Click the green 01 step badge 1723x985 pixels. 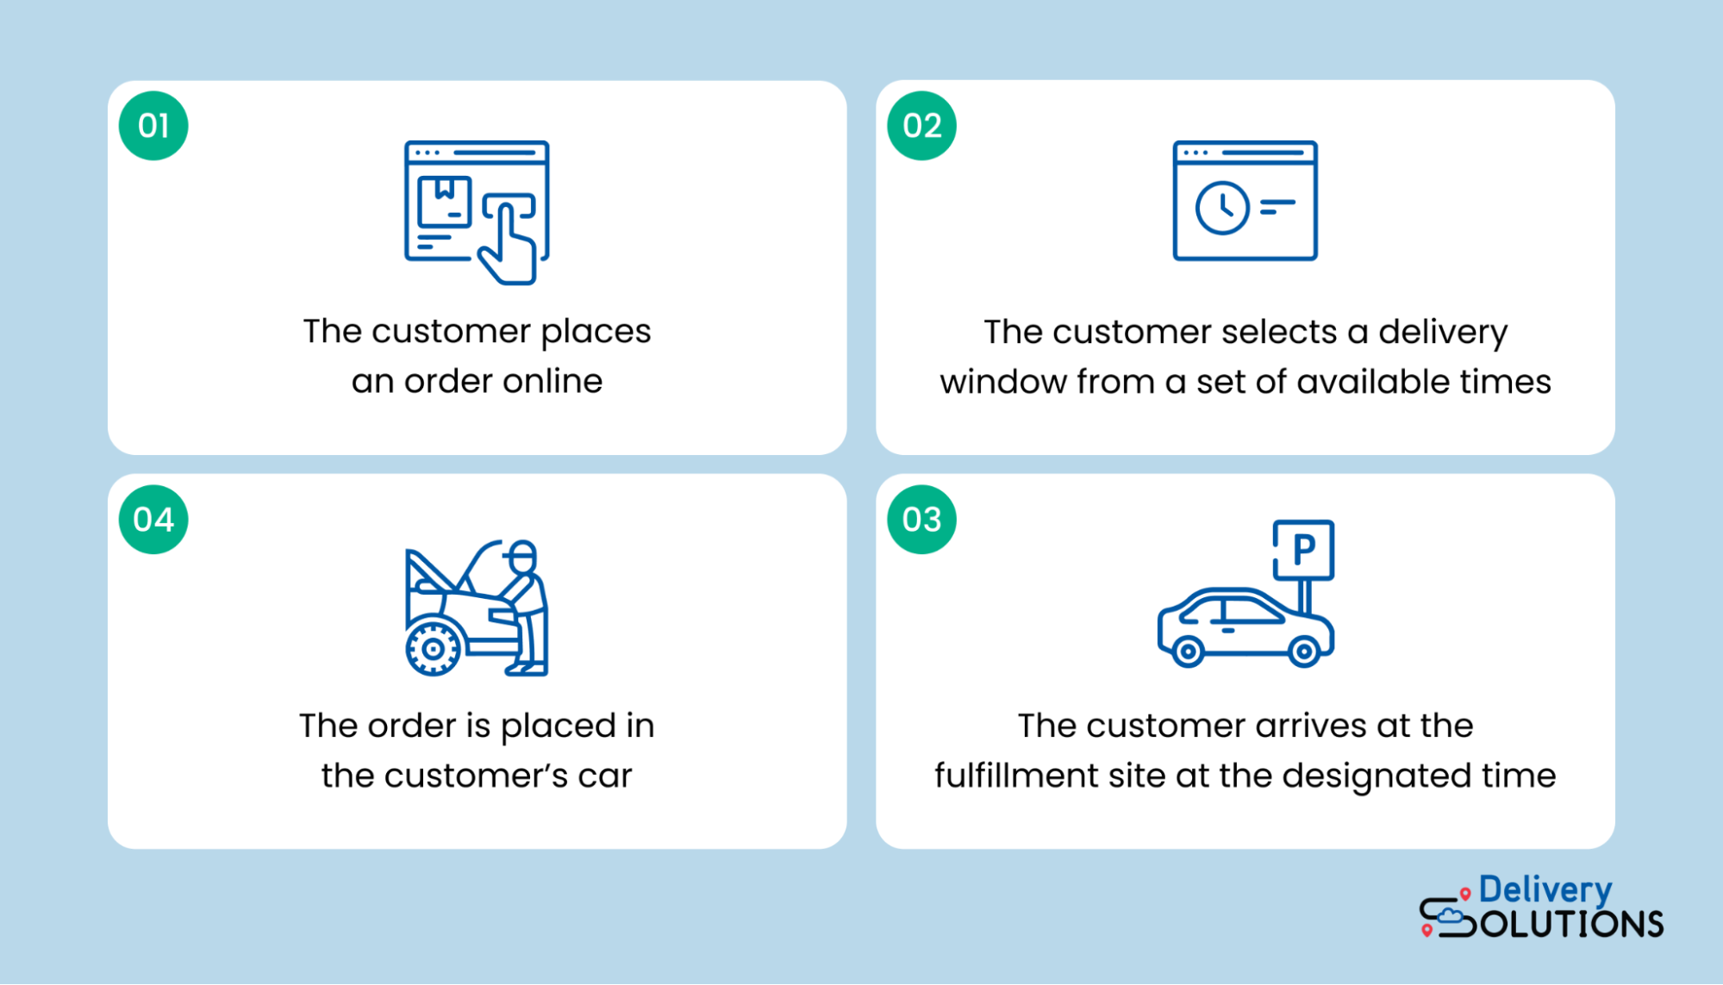coord(153,126)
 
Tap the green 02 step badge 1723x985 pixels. coord(921,126)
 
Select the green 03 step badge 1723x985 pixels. coord(921,519)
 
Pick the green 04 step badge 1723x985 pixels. coord(153,519)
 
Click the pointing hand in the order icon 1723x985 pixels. coord(510,241)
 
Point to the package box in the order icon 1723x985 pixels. coord(444,200)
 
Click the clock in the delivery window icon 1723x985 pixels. coord(1221,208)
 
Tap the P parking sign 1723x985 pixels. coord(1303,549)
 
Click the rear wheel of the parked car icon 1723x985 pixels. coord(1187,651)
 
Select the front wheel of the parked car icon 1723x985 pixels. coord(1303,651)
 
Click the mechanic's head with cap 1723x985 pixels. coord(521,556)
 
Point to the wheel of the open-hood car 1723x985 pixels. coord(433,649)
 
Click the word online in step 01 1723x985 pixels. coord(552,381)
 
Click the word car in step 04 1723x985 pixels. coord(604,776)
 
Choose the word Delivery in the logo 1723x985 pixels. coord(1545,890)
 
